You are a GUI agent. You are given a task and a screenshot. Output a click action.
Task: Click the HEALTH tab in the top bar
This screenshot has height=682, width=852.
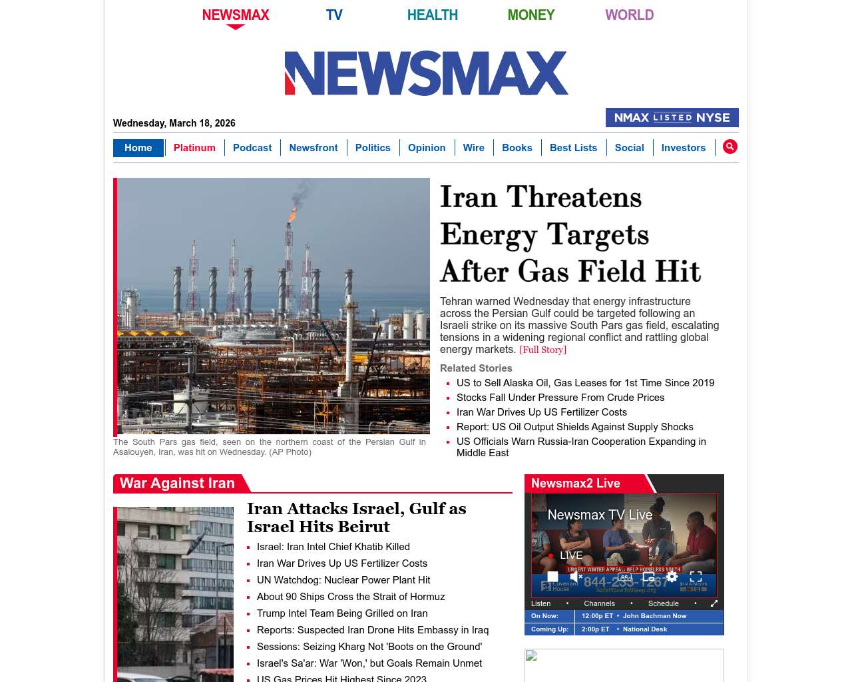tap(432, 15)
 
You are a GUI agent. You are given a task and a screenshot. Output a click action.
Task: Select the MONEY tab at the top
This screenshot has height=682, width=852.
tap(531, 15)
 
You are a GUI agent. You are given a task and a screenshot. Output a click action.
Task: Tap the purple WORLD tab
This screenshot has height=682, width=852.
tap(629, 15)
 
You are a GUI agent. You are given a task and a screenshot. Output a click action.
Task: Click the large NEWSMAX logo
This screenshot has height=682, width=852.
tap(426, 73)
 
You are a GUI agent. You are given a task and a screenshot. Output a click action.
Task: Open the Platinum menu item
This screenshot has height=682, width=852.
tap(194, 148)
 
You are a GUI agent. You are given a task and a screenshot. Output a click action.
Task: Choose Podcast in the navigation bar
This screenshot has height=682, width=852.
tap(252, 148)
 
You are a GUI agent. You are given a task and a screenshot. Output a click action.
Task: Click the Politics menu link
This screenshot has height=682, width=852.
tap(373, 148)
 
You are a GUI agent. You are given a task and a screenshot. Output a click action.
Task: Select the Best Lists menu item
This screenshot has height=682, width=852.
tap(573, 148)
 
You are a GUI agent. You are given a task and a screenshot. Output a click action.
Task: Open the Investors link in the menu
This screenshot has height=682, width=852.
tap(683, 148)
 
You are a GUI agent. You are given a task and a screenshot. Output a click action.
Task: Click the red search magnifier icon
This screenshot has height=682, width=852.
tap(730, 147)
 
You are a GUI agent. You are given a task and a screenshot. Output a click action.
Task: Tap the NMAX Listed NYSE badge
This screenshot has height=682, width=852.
tap(672, 118)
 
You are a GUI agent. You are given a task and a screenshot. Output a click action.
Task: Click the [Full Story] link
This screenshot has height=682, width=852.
tap(542, 350)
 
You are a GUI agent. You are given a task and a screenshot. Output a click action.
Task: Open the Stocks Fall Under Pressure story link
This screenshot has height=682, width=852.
tap(560, 398)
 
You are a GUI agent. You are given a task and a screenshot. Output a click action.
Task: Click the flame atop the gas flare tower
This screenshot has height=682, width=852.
tap(292, 214)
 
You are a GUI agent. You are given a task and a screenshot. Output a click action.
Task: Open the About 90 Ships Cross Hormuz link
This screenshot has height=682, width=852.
tap(351, 597)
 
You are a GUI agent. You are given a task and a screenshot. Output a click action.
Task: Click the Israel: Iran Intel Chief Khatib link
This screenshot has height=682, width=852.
tap(333, 547)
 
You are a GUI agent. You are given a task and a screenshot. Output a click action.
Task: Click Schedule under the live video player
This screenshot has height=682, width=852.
tap(663, 603)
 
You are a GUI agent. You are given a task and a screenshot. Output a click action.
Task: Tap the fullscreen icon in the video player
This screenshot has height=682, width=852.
tap(696, 577)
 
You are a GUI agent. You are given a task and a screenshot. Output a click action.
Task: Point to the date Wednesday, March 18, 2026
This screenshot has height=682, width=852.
tap(174, 123)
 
